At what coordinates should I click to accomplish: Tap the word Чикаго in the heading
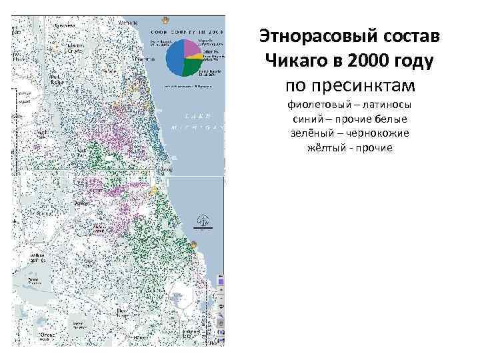click(295, 61)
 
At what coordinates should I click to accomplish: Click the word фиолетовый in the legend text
click(317, 105)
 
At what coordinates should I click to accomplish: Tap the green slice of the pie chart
click(192, 66)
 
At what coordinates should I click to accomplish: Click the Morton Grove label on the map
click(75, 49)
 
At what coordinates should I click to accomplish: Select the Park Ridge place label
click(56, 79)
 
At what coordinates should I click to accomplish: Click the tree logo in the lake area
click(199, 221)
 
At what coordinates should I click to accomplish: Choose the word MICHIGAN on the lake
click(197, 127)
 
